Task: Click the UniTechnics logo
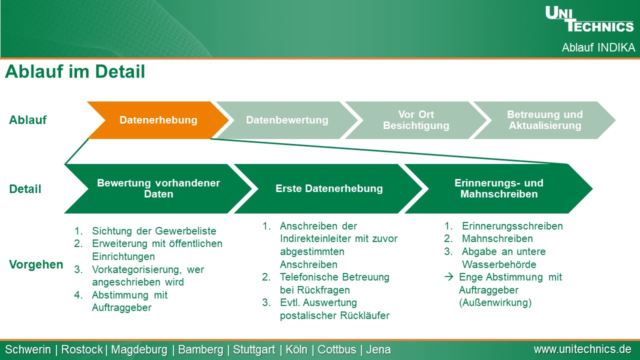(x=589, y=19)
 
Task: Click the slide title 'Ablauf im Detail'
(x=75, y=71)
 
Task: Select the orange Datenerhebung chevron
(x=158, y=120)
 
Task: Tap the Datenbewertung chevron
(x=287, y=120)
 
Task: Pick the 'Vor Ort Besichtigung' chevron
(x=416, y=120)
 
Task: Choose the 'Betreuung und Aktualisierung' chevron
(x=544, y=120)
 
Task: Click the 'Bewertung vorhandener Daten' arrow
(x=158, y=188)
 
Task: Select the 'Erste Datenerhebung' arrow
(x=328, y=188)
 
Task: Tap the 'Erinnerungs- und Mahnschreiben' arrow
(x=499, y=188)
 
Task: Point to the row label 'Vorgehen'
(x=36, y=264)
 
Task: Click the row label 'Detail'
(x=25, y=189)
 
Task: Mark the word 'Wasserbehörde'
(x=499, y=264)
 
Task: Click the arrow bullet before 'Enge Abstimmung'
(x=449, y=277)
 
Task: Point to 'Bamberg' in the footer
(x=200, y=349)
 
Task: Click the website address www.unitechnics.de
(x=582, y=349)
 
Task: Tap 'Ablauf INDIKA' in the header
(x=598, y=47)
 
